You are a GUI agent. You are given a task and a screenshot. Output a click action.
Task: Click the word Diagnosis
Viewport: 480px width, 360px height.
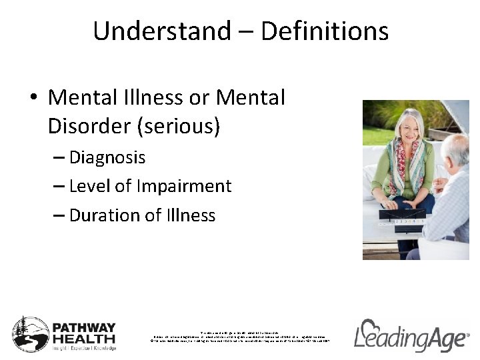(x=107, y=157)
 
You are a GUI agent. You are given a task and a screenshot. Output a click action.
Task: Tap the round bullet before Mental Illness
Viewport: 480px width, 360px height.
(x=33, y=99)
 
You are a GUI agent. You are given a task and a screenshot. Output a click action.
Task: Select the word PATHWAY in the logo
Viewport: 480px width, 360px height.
(x=84, y=328)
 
